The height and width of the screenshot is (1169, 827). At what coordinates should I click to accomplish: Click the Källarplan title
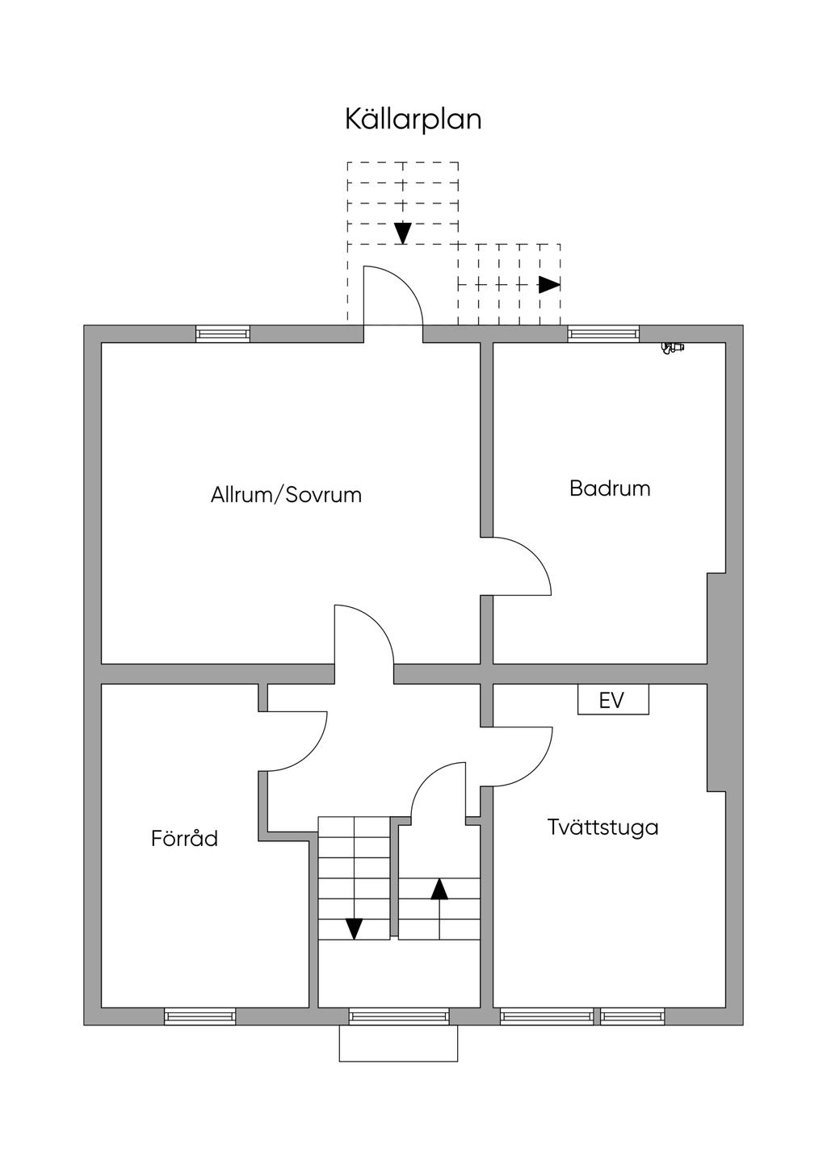tap(413, 119)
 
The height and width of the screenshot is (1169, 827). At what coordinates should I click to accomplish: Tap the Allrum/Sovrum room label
tap(286, 495)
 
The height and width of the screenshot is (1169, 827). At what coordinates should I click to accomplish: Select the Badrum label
tap(610, 488)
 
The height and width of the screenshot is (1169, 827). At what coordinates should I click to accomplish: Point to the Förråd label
tap(184, 839)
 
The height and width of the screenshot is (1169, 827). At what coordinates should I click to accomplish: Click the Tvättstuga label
tap(602, 828)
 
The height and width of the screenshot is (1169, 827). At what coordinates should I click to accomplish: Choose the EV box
tap(612, 700)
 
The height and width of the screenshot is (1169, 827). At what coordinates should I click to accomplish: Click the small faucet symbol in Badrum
tap(671, 348)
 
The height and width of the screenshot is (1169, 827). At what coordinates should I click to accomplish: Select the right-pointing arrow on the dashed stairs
tap(549, 285)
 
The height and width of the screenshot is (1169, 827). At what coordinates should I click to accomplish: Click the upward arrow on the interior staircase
tap(439, 889)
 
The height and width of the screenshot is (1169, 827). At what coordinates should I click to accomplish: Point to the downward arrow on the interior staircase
tap(354, 928)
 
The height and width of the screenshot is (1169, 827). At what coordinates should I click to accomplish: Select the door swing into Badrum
tap(521, 566)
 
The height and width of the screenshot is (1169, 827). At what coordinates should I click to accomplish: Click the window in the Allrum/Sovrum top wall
tap(223, 334)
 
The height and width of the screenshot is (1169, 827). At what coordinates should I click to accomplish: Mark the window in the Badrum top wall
tap(603, 334)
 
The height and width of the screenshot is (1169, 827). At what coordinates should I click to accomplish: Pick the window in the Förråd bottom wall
tap(200, 1016)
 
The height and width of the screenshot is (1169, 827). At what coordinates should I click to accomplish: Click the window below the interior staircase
tap(399, 1016)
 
